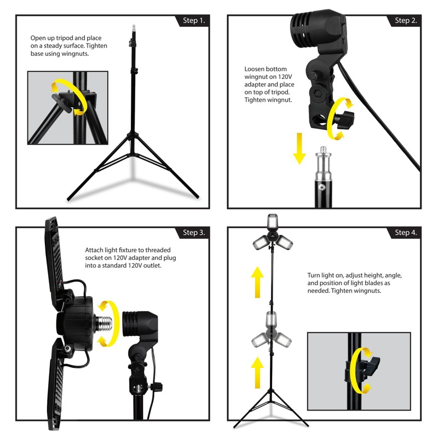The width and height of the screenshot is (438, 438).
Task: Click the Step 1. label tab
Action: coord(193,21)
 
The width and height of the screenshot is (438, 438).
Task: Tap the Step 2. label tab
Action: coord(405,21)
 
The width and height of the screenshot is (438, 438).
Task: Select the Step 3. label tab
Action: coord(193,233)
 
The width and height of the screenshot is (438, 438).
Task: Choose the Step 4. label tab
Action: coord(405,233)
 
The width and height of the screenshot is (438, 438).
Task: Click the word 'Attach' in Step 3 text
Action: coord(95,249)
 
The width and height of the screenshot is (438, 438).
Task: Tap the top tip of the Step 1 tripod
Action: coord(132,26)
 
